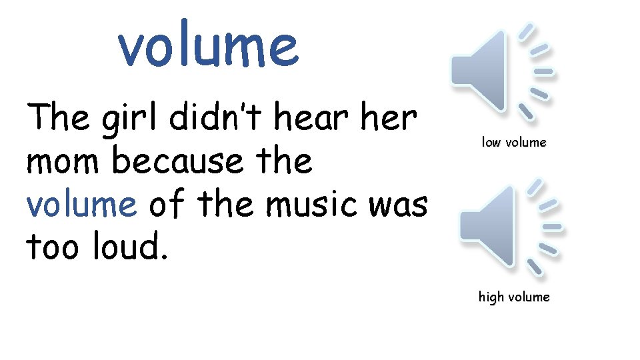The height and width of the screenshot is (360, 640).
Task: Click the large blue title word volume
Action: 208,45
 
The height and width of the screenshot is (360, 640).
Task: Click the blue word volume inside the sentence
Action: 81,205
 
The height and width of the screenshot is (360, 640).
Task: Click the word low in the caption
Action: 491,142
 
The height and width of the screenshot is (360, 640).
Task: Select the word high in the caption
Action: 491,297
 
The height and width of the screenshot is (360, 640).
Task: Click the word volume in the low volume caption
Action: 525,142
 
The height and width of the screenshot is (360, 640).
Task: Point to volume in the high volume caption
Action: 528,297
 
